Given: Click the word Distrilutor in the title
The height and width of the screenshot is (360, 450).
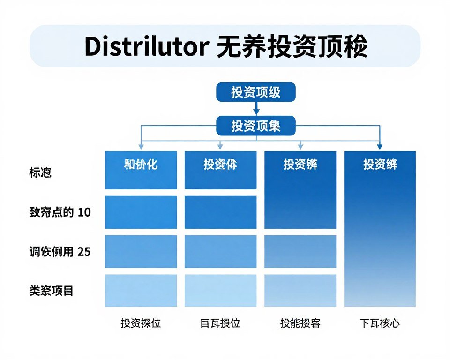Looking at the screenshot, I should pyautogui.click(x=146, y=47).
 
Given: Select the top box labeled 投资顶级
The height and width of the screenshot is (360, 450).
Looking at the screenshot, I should pyautogui.click(x=255, y=92).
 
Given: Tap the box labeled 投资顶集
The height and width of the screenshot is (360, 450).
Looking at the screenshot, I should pyautogui.click(x=255, y=126).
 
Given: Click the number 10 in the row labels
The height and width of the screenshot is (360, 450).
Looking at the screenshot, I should pyautogui.click(x=84, y=212).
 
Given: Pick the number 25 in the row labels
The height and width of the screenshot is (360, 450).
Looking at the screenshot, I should pyautogui.click(x=84, y=252).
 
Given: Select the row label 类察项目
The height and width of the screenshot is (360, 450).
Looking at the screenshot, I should pyautogui.click(x=51, y=291).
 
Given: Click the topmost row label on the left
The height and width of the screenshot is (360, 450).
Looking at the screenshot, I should pyautogui.click(x=40, y=172).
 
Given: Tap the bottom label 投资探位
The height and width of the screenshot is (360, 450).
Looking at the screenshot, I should pyautogui.click(x=141, y=323).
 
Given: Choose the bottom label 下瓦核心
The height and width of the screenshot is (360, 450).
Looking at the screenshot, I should pyautogui.click(x=380, y=323).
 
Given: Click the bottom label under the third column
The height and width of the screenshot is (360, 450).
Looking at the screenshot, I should pyautogui.click(x=300, y=323).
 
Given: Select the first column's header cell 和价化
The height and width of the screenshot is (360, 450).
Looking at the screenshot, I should pyautogui.click(x=141, y=170).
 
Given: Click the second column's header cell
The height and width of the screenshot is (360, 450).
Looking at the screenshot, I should pyautogui.click(x=221, y=170).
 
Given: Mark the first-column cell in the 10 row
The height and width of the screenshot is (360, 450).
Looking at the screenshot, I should pyautogui.click(x=141, y=212).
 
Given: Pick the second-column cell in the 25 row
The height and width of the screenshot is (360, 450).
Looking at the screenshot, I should pyautogui.click(x=221, y=251).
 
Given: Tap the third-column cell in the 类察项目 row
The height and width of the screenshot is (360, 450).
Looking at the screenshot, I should pyautogui.click(x=300, y=290).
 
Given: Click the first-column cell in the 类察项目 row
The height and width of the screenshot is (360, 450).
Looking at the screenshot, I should pyautogui.click(x=141, y=290).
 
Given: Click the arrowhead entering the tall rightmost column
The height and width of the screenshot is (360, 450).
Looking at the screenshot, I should pyautogui.click(x=380, y=147).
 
